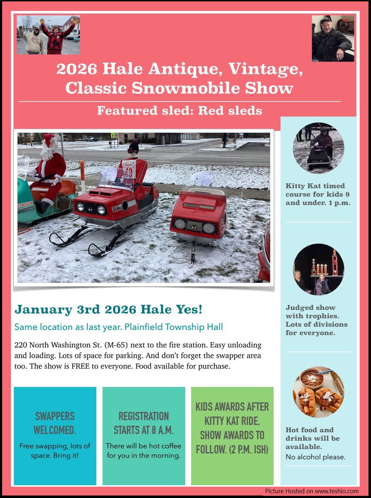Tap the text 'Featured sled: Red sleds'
coord(179,111)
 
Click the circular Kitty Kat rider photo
coord(318,148)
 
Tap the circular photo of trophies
coord(318,270)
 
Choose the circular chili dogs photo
coord(318,392)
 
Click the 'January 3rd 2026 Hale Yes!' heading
coord(108,309)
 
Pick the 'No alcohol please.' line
coord(316,457)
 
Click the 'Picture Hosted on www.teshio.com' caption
coord(312,491)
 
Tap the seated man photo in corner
coord(333,38)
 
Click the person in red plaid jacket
coord(58,37)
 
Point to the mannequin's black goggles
coord(133,151)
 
